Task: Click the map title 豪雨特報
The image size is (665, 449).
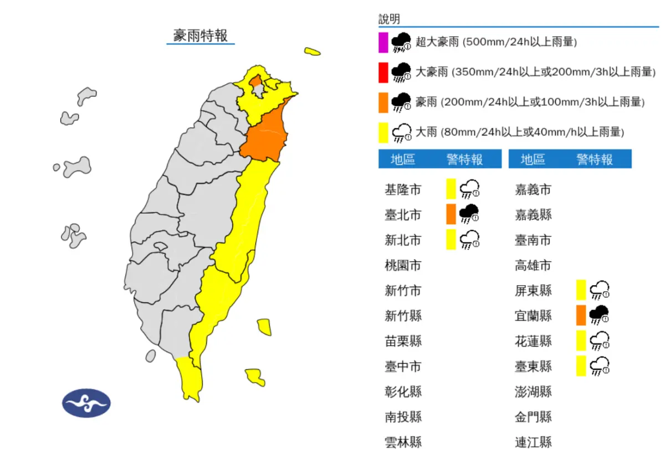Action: [x=201, y=36]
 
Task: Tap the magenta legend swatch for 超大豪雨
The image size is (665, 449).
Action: [x=383, y=42]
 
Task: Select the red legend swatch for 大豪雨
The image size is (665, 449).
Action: [x=383, y=72]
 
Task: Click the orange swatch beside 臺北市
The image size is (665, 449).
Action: [x=451, y=214]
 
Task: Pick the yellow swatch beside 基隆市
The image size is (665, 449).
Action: [x=451, y=189]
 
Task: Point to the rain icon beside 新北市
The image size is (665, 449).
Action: [x=470, y=239]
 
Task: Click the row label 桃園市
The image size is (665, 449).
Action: [x=403, y=265]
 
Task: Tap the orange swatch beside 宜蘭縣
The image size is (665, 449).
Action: [x=581, y=315]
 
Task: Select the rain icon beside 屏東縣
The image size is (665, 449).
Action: [x=600, y=290]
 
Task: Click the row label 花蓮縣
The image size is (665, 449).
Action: [x=533, y=340]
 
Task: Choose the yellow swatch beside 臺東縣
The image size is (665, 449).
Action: [x=581, y=365]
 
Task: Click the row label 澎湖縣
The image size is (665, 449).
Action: [x=533, y=391]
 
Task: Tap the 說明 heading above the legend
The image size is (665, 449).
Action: [x=389, y=19]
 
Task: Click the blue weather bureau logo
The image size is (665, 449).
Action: [x=86, y=402]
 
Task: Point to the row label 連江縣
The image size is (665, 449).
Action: [x=533, y=442]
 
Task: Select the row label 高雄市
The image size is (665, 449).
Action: [x=533, y=265]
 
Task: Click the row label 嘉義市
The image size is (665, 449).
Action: [x=533, y=190]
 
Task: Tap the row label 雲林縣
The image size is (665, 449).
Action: [x=403, y=442]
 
